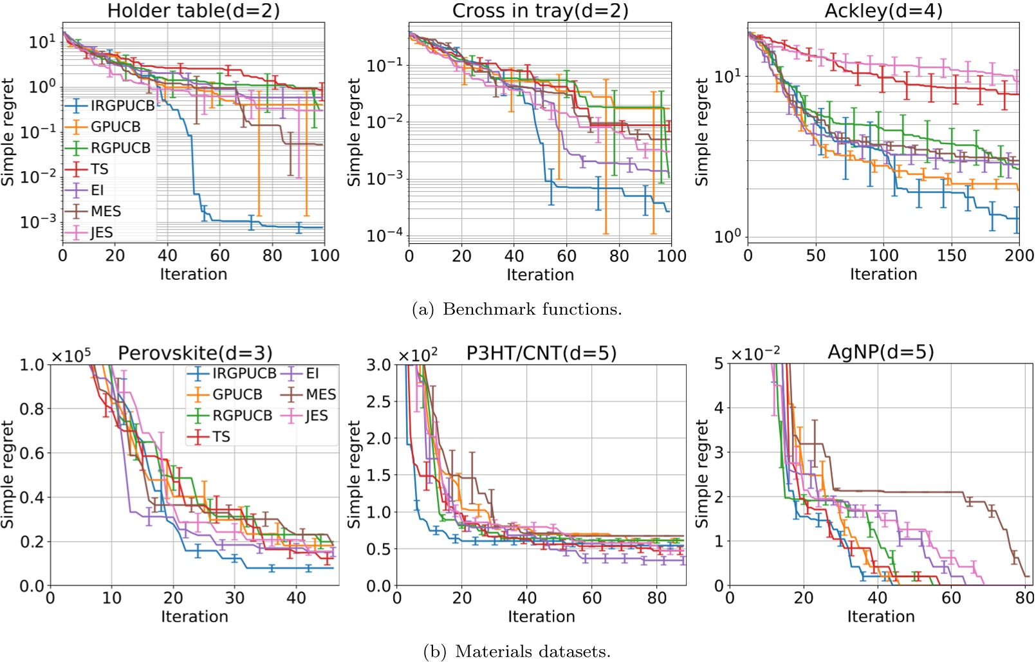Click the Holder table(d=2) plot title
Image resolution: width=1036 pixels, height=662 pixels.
tap(193, 11)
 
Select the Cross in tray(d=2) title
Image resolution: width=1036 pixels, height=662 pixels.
tap(540, 11)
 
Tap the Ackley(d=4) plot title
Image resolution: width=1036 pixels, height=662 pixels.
tap(883, 11)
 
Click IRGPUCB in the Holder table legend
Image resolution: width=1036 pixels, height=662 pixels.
tap(122, 106)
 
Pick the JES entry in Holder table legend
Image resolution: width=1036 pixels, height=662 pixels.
tap(102, 233)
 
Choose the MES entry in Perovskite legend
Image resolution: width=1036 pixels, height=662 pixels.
tap(320, 394)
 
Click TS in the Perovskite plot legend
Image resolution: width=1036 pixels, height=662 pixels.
tap(221, 437)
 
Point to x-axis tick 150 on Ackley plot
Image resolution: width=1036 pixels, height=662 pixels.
tap(951, 255)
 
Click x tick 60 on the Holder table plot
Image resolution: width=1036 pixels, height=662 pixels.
tap(219, 255)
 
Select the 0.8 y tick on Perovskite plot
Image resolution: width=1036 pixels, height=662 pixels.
tap(32, 409)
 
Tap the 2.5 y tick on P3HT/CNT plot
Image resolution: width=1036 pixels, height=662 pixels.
tap(378, 402)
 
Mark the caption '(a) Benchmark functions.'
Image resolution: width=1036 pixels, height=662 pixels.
tap(517, 309)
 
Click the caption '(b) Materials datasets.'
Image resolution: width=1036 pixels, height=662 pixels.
tap(517, 652)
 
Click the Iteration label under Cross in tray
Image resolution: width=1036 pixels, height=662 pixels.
tap(540, 275)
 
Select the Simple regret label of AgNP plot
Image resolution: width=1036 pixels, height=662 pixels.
tap(701, 474)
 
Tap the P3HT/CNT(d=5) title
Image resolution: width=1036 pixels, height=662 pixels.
tap(541, 353)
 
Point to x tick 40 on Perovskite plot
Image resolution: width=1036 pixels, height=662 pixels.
tap(296, 598)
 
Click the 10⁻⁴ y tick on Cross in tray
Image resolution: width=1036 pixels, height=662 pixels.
tap(385, 236)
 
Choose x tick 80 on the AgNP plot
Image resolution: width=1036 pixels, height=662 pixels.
tap(1024, 598)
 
